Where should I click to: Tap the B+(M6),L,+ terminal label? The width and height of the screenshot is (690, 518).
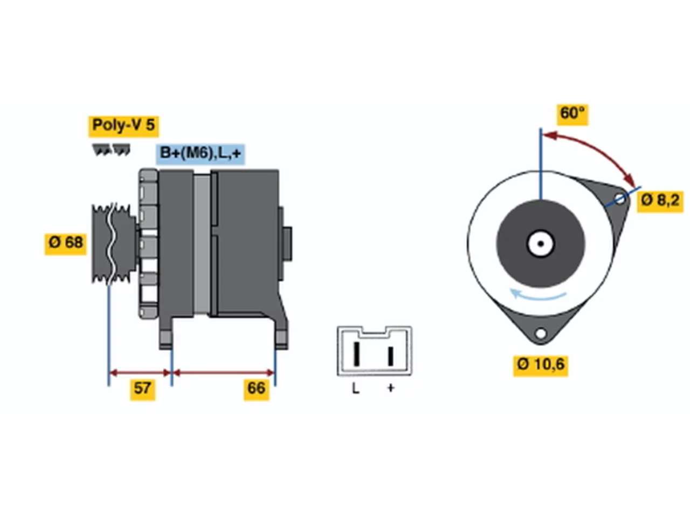click(x=200, y=154)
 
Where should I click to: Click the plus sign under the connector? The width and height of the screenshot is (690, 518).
click(x=390, y=388)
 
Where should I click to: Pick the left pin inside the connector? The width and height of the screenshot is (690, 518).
click(x=356, y=353)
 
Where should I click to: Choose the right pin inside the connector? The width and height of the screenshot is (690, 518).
click(x=391, y=356)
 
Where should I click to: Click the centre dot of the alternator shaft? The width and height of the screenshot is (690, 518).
click(x=541, y=244)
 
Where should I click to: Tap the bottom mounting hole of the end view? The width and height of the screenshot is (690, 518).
click(x=541, y=333)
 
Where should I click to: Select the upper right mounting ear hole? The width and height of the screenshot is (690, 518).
click(x=619, y=199)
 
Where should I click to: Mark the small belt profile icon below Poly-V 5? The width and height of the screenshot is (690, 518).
click(x=111, y=149)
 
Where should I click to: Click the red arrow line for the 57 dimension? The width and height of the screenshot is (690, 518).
click(x=140, y=373)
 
